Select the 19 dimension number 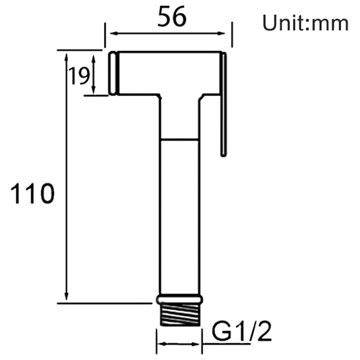(79, 76)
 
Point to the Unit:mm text (305, 23)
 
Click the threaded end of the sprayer (179, 315)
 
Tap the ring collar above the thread (179, 299)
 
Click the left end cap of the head (113, 73)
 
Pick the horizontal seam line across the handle (179, 139)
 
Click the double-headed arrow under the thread (179, 343)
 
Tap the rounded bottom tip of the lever (224, 154)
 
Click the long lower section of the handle (179, 217)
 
